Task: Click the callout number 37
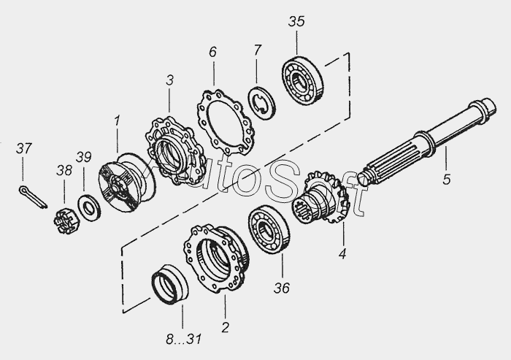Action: [x=24, y=149]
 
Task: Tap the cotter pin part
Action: [x=33, y=196]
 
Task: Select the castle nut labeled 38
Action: [x=65, y=222]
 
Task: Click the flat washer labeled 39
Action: [x=89, y=207]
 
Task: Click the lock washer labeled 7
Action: [x=261, y=103]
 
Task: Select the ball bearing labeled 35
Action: [x=302, y=80]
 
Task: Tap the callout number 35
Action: [x=296, y=21]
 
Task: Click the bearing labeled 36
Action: [x=269, y=229]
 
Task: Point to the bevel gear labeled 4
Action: [x=322, y=198]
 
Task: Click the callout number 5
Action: [x=446, y=180]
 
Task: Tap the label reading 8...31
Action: [x=183, y=340]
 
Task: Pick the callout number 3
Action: [x=170, y=80]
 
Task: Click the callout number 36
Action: [x=282, y=288]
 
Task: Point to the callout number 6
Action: [x=212, y=52]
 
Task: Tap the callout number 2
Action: [x=225, y=327]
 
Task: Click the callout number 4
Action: [x=342, y=253]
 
